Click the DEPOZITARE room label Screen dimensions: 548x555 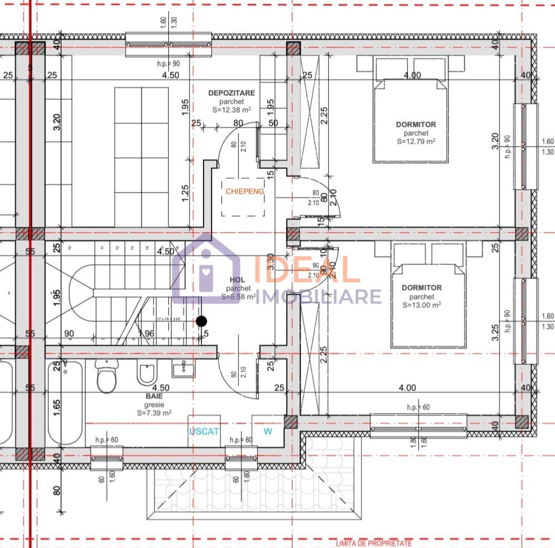point(231,93)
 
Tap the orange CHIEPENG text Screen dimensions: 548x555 point(245,191)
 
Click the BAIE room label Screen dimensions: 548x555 point(154,395)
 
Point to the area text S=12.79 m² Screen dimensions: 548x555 point(416,141)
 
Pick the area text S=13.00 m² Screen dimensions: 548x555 point(421,304)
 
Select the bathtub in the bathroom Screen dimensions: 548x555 point(65,403)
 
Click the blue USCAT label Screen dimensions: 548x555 point(204,431)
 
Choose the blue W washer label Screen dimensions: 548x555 point(268,431)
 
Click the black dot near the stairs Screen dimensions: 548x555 point(201,321)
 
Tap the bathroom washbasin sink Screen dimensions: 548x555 point(183,368)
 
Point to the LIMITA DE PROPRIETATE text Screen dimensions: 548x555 point(374,543)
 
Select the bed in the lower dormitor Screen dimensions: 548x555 point(428,300)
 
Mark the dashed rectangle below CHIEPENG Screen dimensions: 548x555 point(243,206)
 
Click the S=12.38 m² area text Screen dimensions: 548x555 point(231,110)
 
